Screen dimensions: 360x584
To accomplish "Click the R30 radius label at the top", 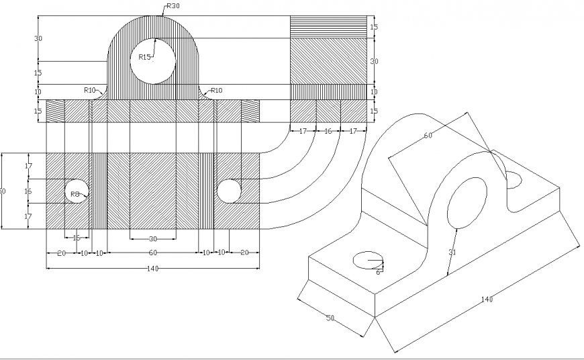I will click(173, 5).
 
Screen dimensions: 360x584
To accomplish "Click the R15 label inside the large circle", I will click(144, 57).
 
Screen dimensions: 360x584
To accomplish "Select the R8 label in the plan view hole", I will click(75, 194).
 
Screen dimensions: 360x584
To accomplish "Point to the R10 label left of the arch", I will click(90, 90).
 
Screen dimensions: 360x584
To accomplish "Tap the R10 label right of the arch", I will click(216, 90).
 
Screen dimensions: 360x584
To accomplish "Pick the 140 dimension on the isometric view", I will click(486, 299).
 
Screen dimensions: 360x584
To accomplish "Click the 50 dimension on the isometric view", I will click(330, 318).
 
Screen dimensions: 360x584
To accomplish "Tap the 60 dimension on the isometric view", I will click(428, 136).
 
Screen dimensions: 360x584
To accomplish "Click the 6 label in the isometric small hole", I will click(378, 271).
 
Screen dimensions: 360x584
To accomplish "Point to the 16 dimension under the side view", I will click(328, 132).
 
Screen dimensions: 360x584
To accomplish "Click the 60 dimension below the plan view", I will click(152, 253).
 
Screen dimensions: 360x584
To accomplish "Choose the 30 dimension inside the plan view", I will click(152, 238).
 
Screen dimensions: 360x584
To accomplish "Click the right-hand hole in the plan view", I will click(228, 191).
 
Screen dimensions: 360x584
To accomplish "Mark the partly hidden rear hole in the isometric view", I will click(515, 179).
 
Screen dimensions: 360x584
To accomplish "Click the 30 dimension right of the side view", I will click(374, 61).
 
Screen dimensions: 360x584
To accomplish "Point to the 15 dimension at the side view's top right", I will click(374, 27).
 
